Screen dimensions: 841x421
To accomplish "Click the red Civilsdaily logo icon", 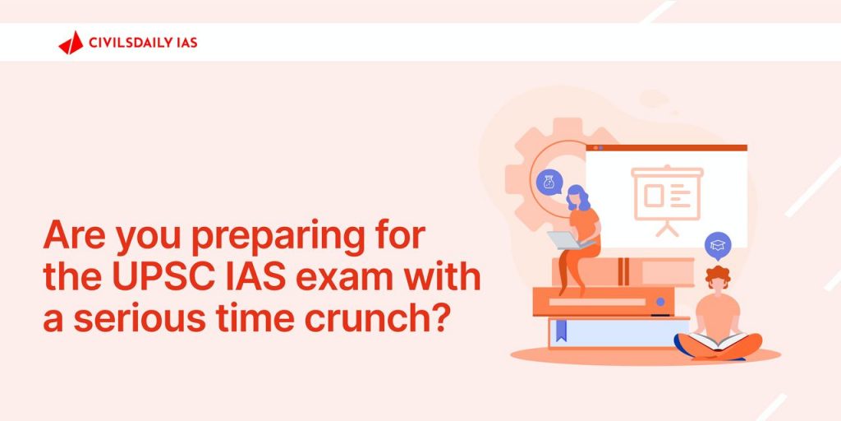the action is pos(71,43).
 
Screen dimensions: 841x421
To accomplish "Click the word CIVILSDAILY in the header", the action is pos(131,43).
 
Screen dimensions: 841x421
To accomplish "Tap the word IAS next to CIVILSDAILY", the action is pos(187,43).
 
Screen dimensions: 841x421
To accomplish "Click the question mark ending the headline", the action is pos(441,317).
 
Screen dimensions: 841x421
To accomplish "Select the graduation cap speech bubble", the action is pos(718,246).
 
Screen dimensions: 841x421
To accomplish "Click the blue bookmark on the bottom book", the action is pos(561,331).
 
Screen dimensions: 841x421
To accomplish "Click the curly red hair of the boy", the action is pos(718,275).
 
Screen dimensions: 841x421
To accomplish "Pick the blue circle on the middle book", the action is pos(660,302).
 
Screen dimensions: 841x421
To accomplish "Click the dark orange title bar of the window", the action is pos(666,148).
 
